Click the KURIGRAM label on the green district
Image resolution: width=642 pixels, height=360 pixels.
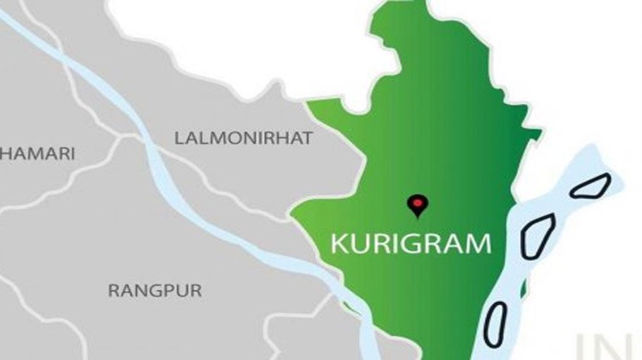411,244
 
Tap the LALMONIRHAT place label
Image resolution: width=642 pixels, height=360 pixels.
243,138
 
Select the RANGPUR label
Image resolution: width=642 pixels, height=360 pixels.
155,290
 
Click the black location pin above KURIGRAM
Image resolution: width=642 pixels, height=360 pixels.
418,205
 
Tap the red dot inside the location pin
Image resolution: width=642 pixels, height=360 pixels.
418,203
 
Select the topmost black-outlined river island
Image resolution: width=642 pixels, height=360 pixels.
590,186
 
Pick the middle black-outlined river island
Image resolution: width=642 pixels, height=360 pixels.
538,236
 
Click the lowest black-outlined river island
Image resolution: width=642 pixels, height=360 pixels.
495,325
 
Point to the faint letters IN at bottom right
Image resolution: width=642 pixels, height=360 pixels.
607,346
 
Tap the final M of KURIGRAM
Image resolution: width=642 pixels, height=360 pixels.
478,244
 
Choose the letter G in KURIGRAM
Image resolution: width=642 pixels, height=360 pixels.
409,244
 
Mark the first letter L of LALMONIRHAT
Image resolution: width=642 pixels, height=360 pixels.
179,138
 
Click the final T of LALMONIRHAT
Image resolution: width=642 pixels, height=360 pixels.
306,138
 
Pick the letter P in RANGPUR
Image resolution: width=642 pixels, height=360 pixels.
166,290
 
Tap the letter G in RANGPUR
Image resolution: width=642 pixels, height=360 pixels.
153,290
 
